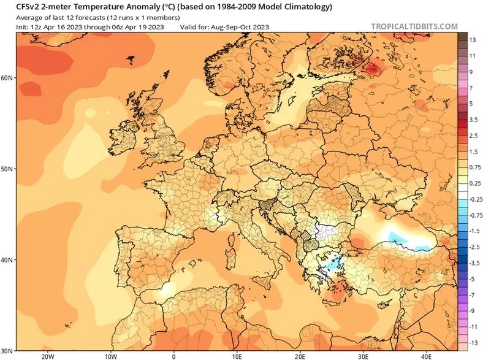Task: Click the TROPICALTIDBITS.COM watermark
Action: (x=414, y=26)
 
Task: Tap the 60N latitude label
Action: (x=7, y=78)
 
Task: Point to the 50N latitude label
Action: (x=7, y=169)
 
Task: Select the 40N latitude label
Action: (x=7, y=260)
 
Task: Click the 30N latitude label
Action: (x=7, y=351)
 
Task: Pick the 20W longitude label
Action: (x=48, y=356)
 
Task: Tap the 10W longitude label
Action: (x=111, y=356)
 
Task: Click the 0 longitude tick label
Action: (x=174, y=356)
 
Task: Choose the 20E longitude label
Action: (x=300, y=356)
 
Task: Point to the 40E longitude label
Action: (x=426, y=356)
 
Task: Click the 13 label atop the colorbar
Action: (x=473, y=40)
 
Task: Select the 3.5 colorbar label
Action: (x=473, y=120)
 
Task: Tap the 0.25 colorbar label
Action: (x=474, y=183)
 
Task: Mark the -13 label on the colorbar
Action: (x=473, y=343)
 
